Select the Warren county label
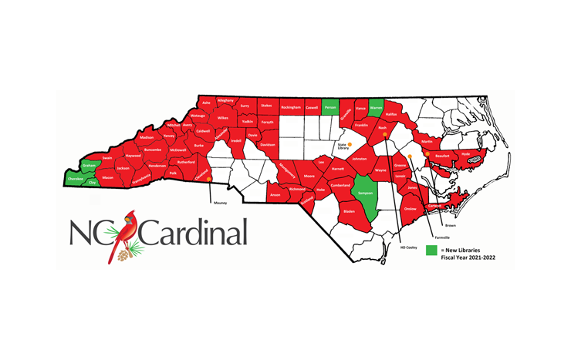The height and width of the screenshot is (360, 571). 376,109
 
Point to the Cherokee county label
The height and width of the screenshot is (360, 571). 76,179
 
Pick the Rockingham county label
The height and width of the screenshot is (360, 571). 290,108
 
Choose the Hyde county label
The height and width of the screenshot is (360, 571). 465,153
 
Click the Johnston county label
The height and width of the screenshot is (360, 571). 359,159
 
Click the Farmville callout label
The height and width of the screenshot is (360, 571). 441,237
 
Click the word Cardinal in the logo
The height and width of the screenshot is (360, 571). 193,232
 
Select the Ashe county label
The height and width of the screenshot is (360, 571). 205,103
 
